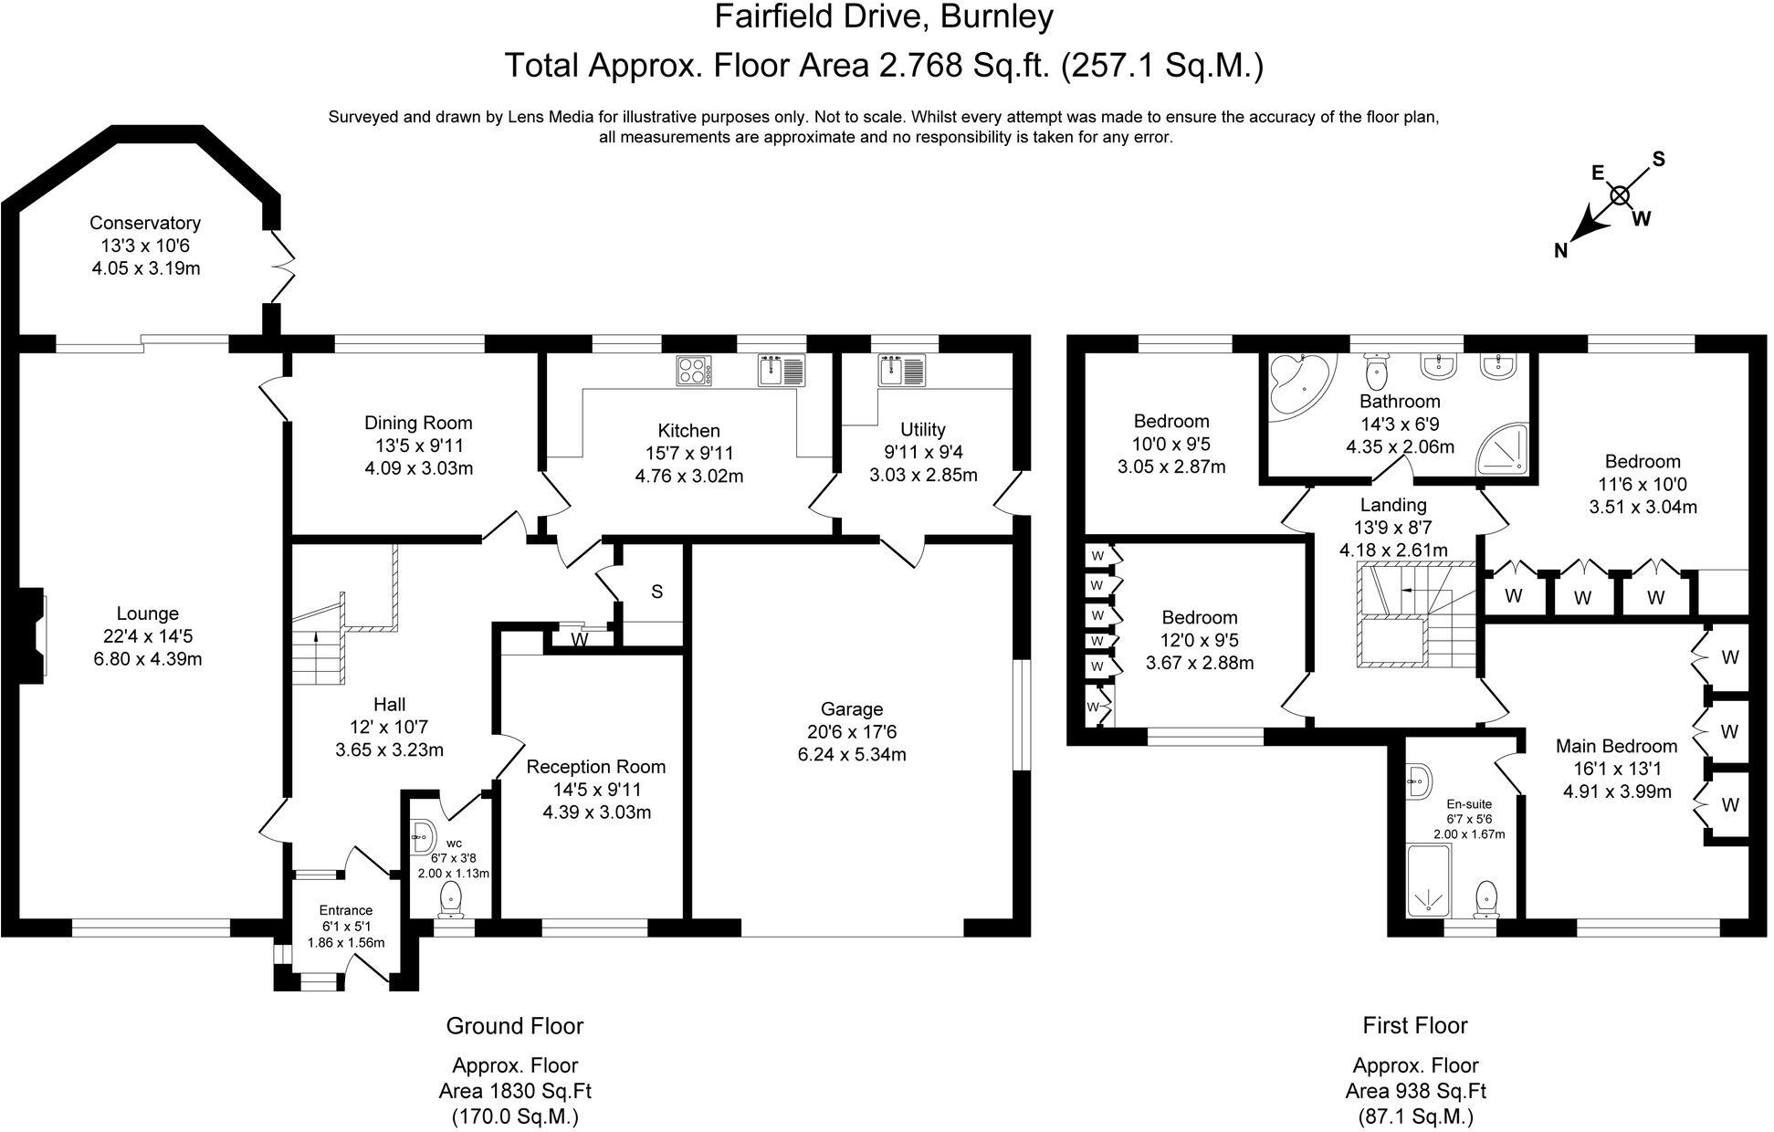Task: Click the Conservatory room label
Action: [x=145, y=223]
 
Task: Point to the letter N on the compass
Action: [x=1561, y=251]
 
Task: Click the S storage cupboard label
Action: [x=656, y=592]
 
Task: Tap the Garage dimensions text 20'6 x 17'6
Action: [x=851, y=732]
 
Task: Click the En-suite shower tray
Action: [x=1428, y=881]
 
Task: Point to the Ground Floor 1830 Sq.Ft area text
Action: [x=515, y=1090]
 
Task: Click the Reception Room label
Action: [x=595, y=767]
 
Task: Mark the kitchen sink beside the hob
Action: [x=782, y=371]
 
